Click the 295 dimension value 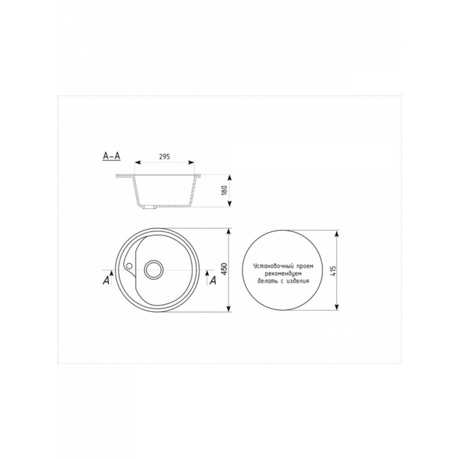[x=164, y=157]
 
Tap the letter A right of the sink [x=213, y=280]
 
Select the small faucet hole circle [x=129, y=265]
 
